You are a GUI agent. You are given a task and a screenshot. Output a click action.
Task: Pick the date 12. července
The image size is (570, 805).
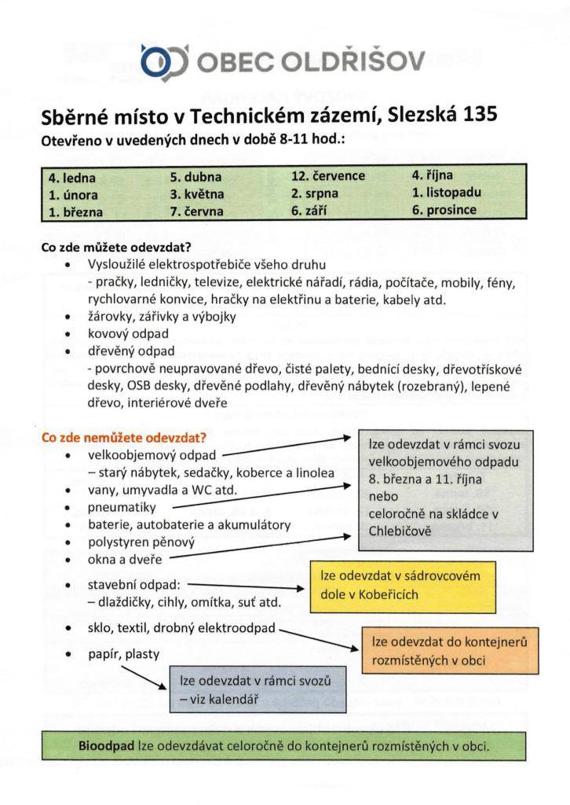327,176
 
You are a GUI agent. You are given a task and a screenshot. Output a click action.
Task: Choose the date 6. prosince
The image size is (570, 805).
444,211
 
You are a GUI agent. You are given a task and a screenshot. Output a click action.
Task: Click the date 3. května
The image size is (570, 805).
197,193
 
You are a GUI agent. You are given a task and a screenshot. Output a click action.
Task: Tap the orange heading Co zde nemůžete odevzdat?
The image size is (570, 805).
123,438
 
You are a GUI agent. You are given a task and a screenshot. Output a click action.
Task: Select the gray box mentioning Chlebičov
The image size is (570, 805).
446,487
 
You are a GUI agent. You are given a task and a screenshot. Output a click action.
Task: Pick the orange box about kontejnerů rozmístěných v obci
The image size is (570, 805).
449,652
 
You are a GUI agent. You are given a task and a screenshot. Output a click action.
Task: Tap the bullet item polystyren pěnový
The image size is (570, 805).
141,542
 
